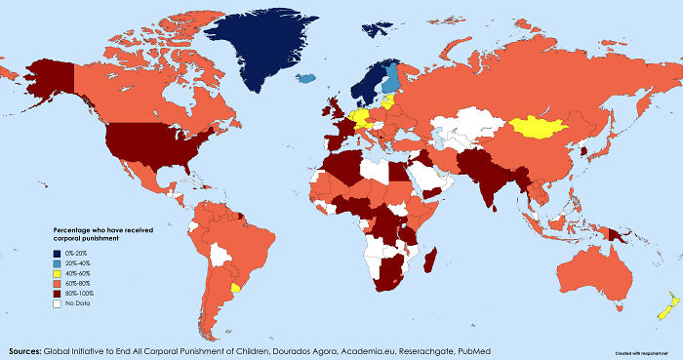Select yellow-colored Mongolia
click(540, 126)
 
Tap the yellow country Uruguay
click(235, 290)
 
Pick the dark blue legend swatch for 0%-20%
click(58, 252)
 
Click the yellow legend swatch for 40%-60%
click(58, 272)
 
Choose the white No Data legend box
click(58, 302)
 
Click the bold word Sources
click(23, 349)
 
